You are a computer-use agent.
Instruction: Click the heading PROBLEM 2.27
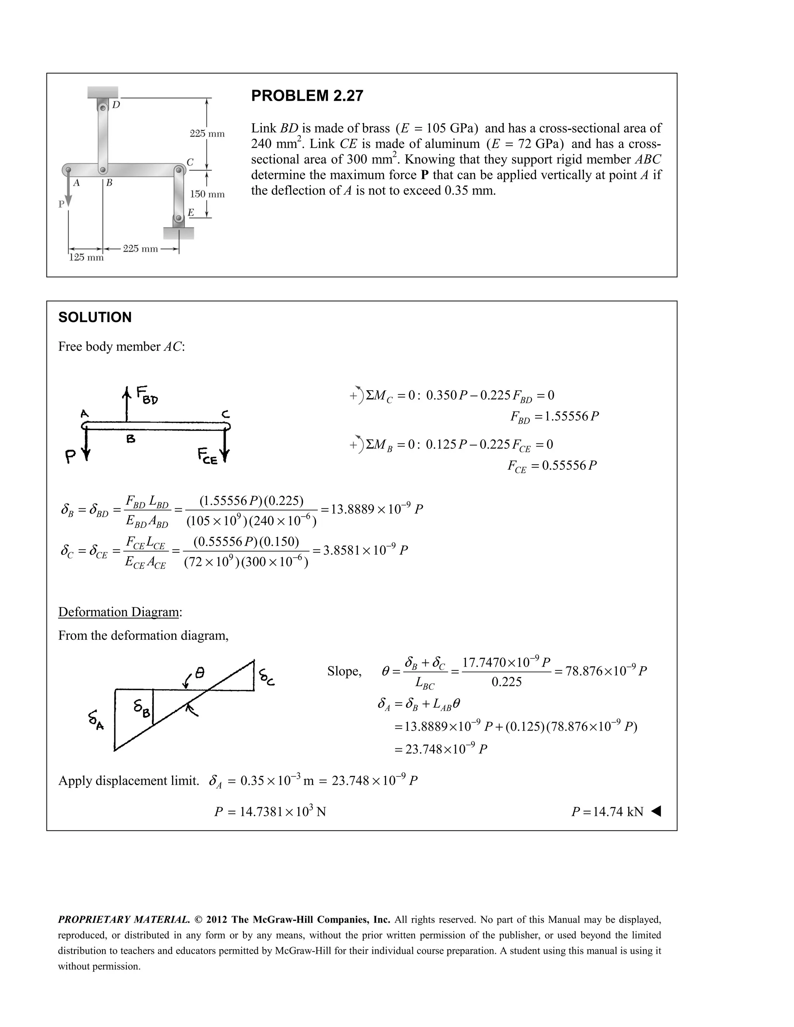tap(307, 96)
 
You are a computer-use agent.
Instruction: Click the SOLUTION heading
tap(95, 317)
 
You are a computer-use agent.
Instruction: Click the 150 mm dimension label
tap(207, 194)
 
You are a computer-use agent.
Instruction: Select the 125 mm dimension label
tap(86, 258)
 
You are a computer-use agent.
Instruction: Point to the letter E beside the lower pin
tap(190, 212)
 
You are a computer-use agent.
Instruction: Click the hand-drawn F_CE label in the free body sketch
tap(207, 456)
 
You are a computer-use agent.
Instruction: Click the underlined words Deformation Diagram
tap(119, 612)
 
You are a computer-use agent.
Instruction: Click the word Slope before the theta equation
tap(344, 672)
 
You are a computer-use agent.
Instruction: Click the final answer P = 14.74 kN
tap(607, 812)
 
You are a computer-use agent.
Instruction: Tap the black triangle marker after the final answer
tap(656, 811)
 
